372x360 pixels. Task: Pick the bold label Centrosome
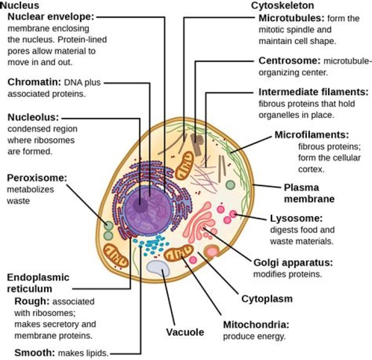[x=288, y=60]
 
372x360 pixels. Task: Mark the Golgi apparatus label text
[x=292, y=262]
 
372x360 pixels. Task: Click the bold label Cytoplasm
[x=267, y=298]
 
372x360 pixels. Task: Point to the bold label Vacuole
[x=184, y=332]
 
